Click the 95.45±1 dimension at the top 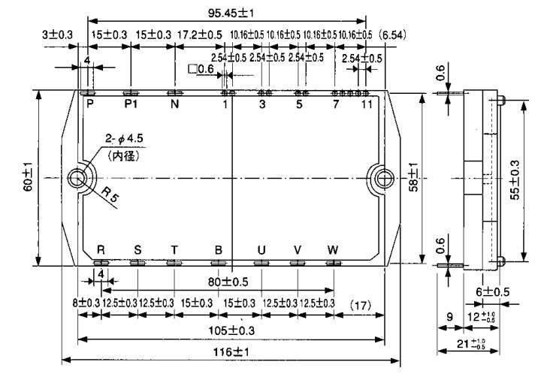coord(226,12)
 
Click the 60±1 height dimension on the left coord(26,177)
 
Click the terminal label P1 coord(131,104)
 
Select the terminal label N coord(174,104)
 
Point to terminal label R coord(101,250)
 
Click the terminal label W coord(333,250)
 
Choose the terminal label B coord(219,250)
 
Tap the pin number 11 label coord(366,104)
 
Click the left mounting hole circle coord(79,178)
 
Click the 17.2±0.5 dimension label coord(200,35)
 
